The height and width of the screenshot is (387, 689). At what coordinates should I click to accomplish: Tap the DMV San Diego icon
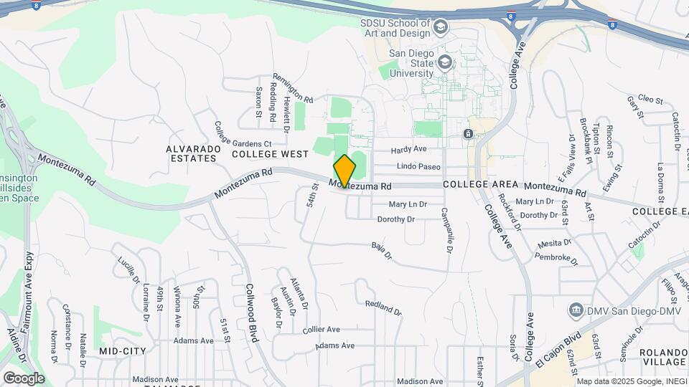[576, 310]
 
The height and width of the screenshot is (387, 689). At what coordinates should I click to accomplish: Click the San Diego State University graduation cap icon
[445, 62]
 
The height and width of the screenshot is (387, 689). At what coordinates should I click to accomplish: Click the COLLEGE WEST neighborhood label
[270, 154]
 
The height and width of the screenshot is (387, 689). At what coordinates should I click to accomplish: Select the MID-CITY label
[123, 351]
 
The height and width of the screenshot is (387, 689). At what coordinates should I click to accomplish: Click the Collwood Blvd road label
[253, 322]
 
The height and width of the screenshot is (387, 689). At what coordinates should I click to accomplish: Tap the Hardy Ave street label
[408, 150]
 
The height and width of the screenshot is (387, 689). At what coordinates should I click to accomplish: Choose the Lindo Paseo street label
[418, 167]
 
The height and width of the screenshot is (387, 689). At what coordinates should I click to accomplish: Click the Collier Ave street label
[321, 329]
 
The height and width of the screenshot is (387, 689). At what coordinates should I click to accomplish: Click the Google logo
[24, 378]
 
